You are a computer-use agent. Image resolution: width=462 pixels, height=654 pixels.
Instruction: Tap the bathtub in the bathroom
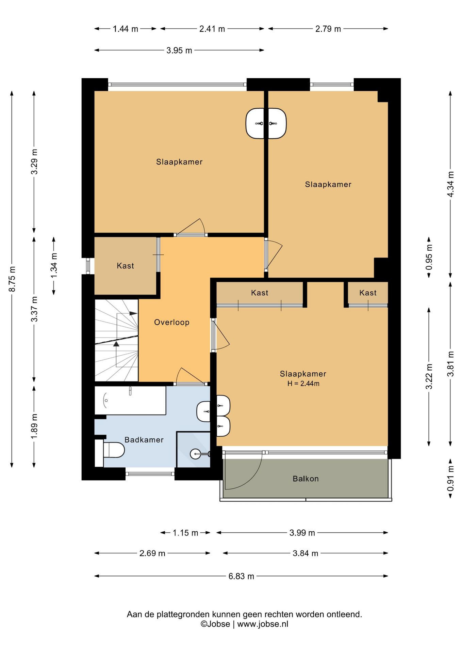pos(130,400)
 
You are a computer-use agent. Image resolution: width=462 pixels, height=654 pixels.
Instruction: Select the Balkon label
pos(306,479)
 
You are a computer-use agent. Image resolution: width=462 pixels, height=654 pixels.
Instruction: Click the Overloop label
pos(172,322)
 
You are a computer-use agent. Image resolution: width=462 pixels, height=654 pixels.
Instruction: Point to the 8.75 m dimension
pos(12,279)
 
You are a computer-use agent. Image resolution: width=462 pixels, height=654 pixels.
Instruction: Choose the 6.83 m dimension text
pos(241,576)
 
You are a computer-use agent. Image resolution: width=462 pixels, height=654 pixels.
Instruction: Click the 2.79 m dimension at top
pos(328,29)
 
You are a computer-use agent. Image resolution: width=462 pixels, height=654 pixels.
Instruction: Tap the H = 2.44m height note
pos(303,384)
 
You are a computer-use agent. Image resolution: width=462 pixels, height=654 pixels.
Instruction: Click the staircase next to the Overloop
pos(116,340)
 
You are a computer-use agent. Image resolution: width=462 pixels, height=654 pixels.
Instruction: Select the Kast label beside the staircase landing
pos(125,266)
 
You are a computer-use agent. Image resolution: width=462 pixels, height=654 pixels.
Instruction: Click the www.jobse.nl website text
pos(263,624)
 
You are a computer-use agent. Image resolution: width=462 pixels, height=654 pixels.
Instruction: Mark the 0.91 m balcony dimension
pos(450,479)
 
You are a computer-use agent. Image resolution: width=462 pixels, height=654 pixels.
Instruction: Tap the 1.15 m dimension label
pos(185,533)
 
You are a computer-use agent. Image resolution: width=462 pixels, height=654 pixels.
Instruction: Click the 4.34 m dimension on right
pos(450,184)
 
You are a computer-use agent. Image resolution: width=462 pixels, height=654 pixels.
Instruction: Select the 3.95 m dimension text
pos(179,50)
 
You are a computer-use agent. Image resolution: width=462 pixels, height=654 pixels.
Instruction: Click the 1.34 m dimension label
pos(54,265)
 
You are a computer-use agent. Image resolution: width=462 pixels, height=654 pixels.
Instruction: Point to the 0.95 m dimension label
pos(429,257)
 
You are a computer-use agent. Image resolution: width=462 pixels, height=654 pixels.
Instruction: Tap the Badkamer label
pos(144,440)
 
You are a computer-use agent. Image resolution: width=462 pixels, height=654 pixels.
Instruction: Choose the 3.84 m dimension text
pos(306,553)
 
